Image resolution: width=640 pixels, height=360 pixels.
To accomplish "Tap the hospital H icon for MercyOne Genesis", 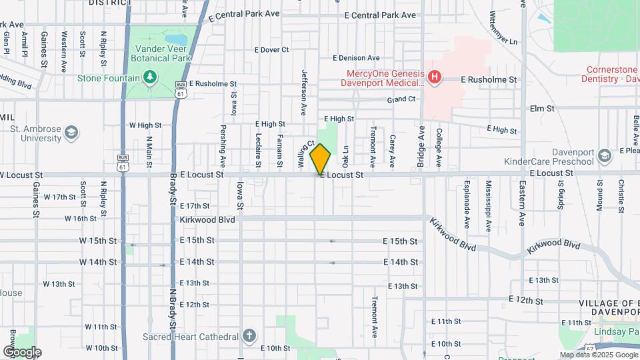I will [x=435, y=78].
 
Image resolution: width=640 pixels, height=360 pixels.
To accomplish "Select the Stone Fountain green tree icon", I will [x=150, y=78].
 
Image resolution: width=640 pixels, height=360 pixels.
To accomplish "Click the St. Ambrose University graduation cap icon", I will [x=71, y=132].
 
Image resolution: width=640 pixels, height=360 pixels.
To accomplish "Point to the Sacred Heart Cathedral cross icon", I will [x=249, y=335].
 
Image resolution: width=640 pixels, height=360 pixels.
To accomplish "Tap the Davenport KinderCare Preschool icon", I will [x=604, y=156].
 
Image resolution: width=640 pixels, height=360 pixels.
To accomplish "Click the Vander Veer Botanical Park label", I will [x=163, y=53].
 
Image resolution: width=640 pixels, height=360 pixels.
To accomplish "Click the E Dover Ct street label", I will [x=271, y=49].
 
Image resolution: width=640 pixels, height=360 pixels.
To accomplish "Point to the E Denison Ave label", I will [x=355, y=58].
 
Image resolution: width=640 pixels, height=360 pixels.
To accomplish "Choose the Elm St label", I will [x=541, y=108].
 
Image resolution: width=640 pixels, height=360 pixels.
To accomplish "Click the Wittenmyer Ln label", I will [x=503, y=28].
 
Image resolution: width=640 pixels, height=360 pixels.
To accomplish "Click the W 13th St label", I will [x=59, y=284].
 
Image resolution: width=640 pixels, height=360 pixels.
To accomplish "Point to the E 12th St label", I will [x=525, y=301].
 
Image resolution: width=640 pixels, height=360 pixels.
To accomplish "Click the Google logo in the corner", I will [x=22, y=352].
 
